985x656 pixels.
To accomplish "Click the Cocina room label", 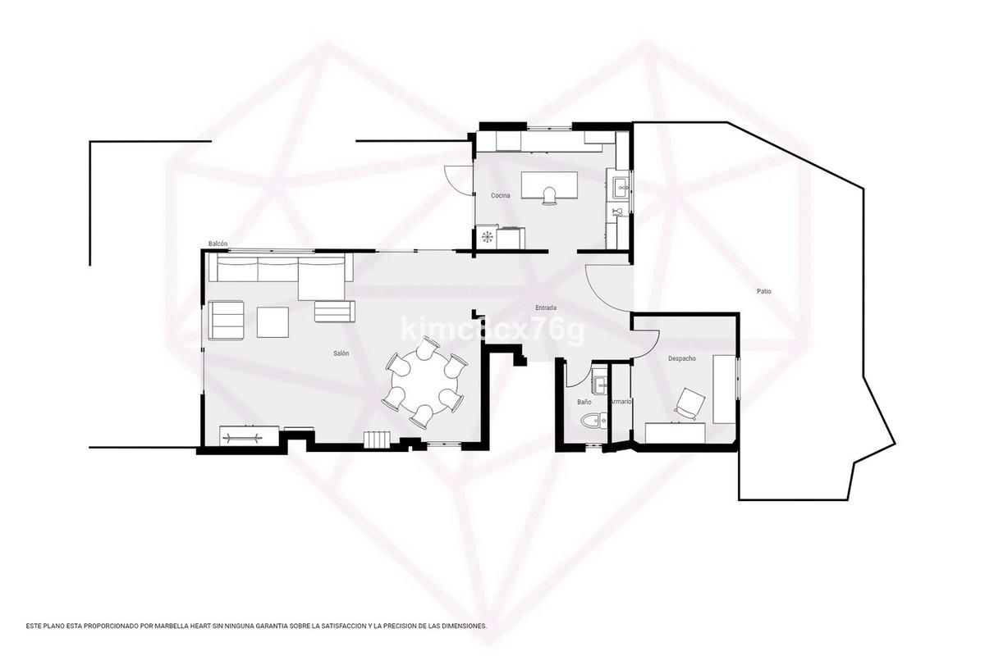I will pyautogui.click(x=501, y=195).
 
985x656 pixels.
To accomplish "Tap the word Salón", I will pyautogui.click(x=341, y=353).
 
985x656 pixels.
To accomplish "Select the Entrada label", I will pyautogui.click(x=547, y=308).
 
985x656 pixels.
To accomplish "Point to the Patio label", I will pyautogui.click(x=763, y=291).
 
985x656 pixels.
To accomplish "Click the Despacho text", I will pyautogui.click(x=682, y=358).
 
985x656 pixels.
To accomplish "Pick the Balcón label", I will pyautogui.click(x=218, y=244).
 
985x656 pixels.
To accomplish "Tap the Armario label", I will pyautogui.click(x=621, y=402).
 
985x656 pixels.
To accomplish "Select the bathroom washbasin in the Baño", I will pyautogui.click(x=599, y=380).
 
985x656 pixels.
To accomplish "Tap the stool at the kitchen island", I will pyautogui.click(x=550, y=194).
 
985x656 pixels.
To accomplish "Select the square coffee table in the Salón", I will pyautogui.click(x=273, y=321).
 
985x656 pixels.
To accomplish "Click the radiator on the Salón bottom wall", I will pyautogui.click(x=378, y=440).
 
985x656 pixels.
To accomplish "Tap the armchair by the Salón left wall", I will pyautogui.click(x=227, y=320).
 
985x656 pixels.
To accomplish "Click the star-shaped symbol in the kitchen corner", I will pyautogui.click(x=488, y=237).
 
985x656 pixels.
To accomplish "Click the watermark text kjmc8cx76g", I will pyautogui.click(x=492, y=330).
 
